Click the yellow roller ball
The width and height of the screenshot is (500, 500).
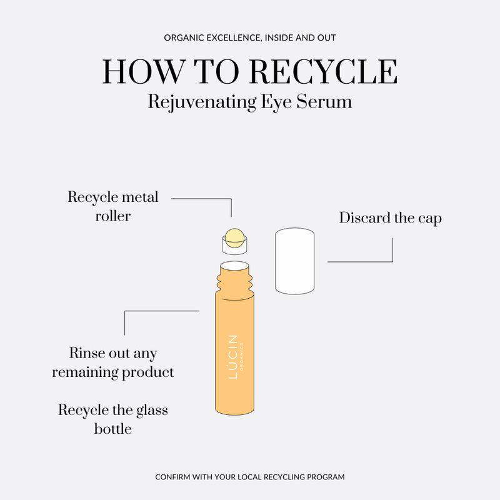234,237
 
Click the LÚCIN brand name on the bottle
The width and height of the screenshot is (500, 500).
232,357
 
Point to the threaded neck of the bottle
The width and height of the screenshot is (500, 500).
234,279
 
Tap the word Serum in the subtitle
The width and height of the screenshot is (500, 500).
327,101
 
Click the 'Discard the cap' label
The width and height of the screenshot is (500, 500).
390,218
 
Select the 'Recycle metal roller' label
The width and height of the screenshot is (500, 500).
113,206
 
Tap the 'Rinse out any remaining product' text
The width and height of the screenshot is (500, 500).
113,362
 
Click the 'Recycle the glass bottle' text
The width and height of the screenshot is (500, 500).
113,419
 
